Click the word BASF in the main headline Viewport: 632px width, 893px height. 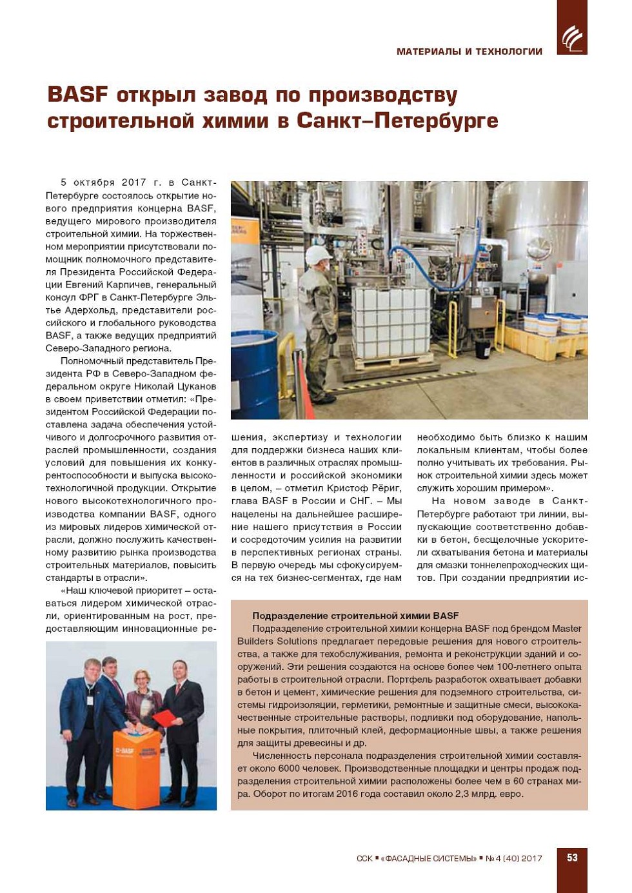pyautogui.click(x=77, y=95)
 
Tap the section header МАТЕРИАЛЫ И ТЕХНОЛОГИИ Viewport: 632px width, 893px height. pyautogui.click(x=469, y=52)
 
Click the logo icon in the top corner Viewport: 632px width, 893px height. pyautogui.click(x=571, y=38)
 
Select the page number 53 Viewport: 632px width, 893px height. pyautogui.click(x=572, y=858)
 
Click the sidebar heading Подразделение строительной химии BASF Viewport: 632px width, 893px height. pyautogui.click(x=355, y=616)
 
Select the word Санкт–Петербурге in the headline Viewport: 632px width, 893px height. pyautogui.click(x=397, y=121)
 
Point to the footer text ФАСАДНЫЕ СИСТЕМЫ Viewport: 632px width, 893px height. pyautogui.click(x=429, y=858)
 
